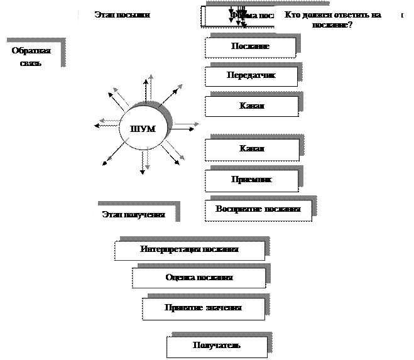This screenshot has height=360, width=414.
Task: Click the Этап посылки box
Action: click(123, 16)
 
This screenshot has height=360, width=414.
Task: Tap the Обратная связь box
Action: click(31, 57)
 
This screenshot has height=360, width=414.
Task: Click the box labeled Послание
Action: click(250, 47)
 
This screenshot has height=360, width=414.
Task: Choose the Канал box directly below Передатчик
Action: click(252, 106)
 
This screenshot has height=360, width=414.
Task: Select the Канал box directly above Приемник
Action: click(252, 149)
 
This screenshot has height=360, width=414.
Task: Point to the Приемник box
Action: click(251, 180)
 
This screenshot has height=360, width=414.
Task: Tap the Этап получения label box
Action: click(134, 215)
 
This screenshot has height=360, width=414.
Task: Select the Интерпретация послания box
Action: click(189, 249)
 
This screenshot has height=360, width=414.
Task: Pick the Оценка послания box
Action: click(199, 277)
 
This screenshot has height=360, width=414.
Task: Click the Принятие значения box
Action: click(203, 308)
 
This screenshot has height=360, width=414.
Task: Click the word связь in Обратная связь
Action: click(31, 63)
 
